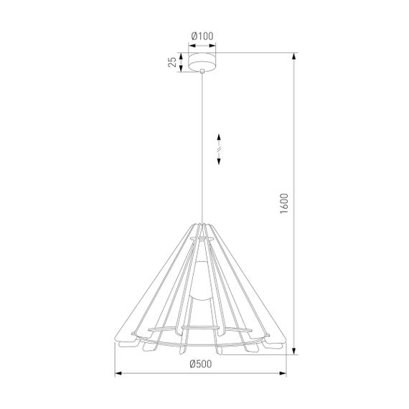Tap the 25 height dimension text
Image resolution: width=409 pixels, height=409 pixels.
tap(173, 62)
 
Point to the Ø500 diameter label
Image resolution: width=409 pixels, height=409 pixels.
tap(202, 363)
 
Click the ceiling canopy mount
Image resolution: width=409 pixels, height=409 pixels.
tap(202, 62)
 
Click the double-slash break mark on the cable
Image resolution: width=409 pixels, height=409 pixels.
tap(220, 151)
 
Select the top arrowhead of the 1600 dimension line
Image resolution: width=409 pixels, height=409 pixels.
tap(294, 55)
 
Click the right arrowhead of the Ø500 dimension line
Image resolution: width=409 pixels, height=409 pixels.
tap(286, 373)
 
